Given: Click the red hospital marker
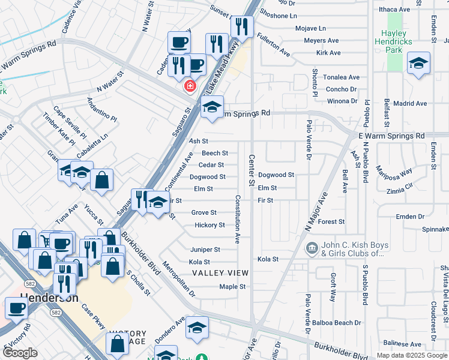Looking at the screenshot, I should coord(190,86).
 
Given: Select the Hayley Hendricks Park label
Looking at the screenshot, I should coord(394,41).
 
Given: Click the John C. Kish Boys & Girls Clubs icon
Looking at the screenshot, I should coord(312,248).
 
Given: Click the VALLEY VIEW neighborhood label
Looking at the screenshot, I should coord(220,273).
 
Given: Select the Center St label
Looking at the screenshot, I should coord(252,169).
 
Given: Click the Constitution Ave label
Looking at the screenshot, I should coord(238,218).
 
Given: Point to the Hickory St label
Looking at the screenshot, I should coord(209,225).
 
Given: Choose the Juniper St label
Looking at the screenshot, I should coord(205,250).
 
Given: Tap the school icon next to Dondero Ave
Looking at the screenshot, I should coord(196,328).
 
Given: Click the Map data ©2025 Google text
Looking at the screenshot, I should coord(411,355).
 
